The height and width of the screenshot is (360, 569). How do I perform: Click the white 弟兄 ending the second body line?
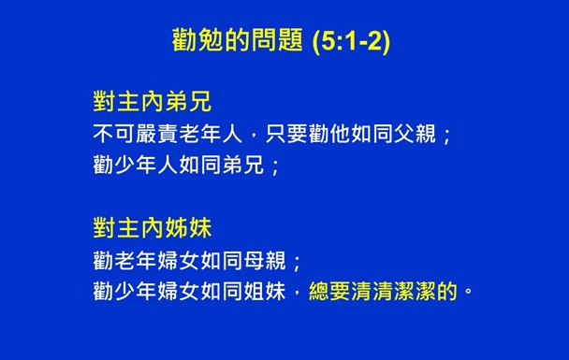241,166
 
